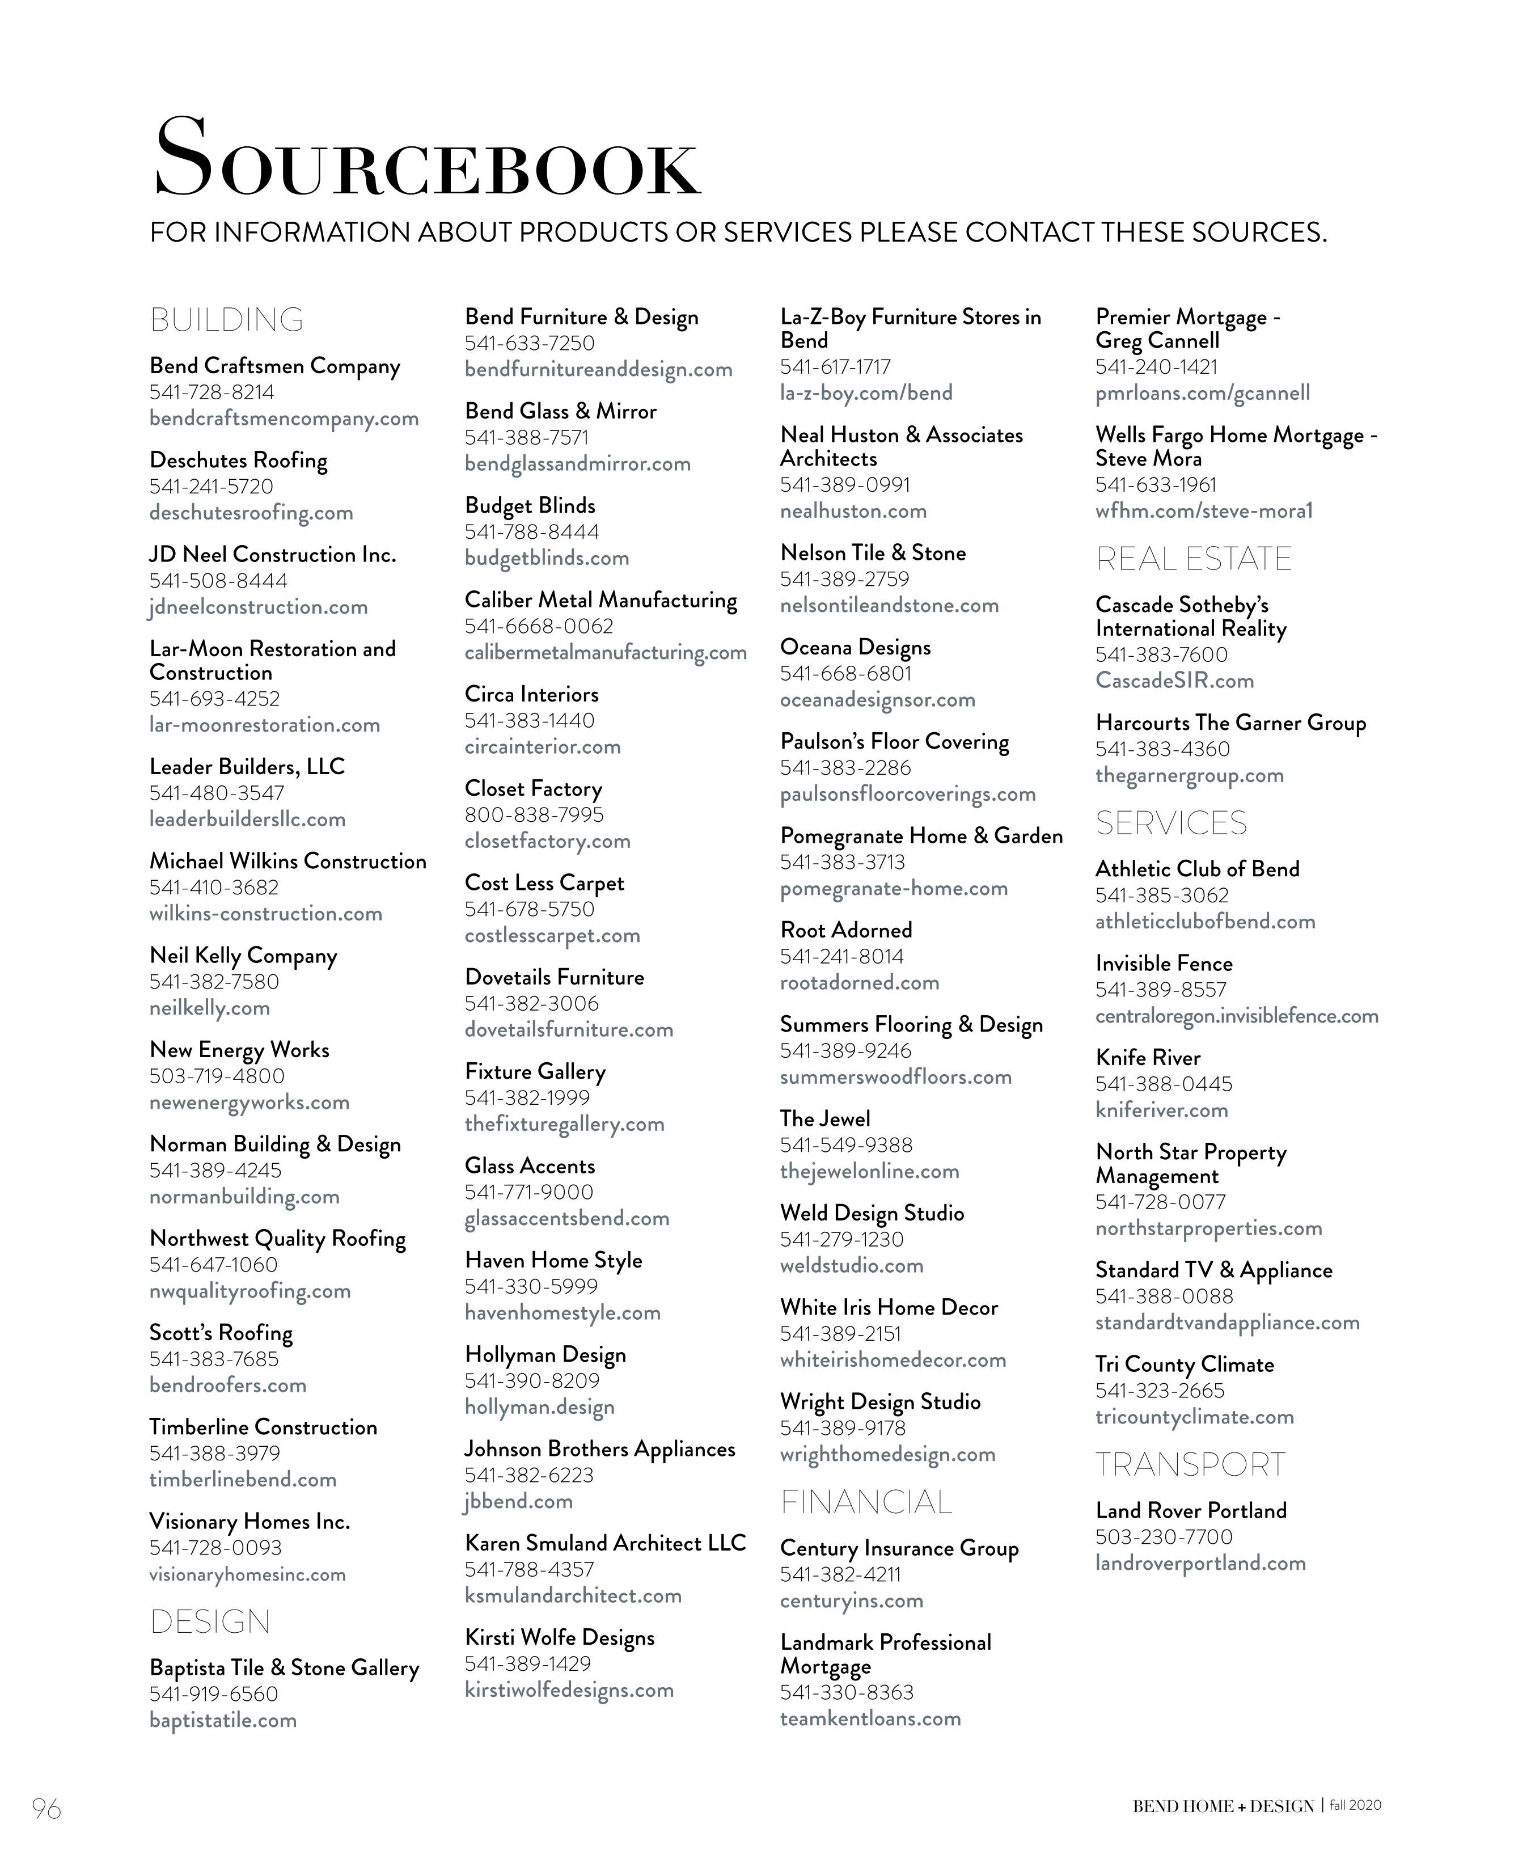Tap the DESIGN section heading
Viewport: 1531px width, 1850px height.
tap(210, 1622)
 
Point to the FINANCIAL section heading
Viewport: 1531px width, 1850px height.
tap(866, 1502)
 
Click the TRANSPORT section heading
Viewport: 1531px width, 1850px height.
tap(1190, 1464)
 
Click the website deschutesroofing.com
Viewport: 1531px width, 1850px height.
tap(251, 513)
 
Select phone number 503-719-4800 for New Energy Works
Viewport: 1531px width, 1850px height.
tap(217, 1076)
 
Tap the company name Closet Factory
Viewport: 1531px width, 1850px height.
tap(533, 788)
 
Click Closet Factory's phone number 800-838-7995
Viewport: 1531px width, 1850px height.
tap(534, 815)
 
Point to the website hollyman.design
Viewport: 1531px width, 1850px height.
tap(539, 1407)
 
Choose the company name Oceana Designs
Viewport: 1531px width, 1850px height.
tap(855, 648)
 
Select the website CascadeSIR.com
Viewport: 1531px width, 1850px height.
tap(1174, 681)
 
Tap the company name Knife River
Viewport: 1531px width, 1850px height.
tap(1148, 1058)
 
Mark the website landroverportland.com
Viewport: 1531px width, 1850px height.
tap(1200, 1563)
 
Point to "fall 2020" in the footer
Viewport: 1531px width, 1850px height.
tap(1356, 1805)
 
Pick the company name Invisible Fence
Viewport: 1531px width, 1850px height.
tap(1164, 964)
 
